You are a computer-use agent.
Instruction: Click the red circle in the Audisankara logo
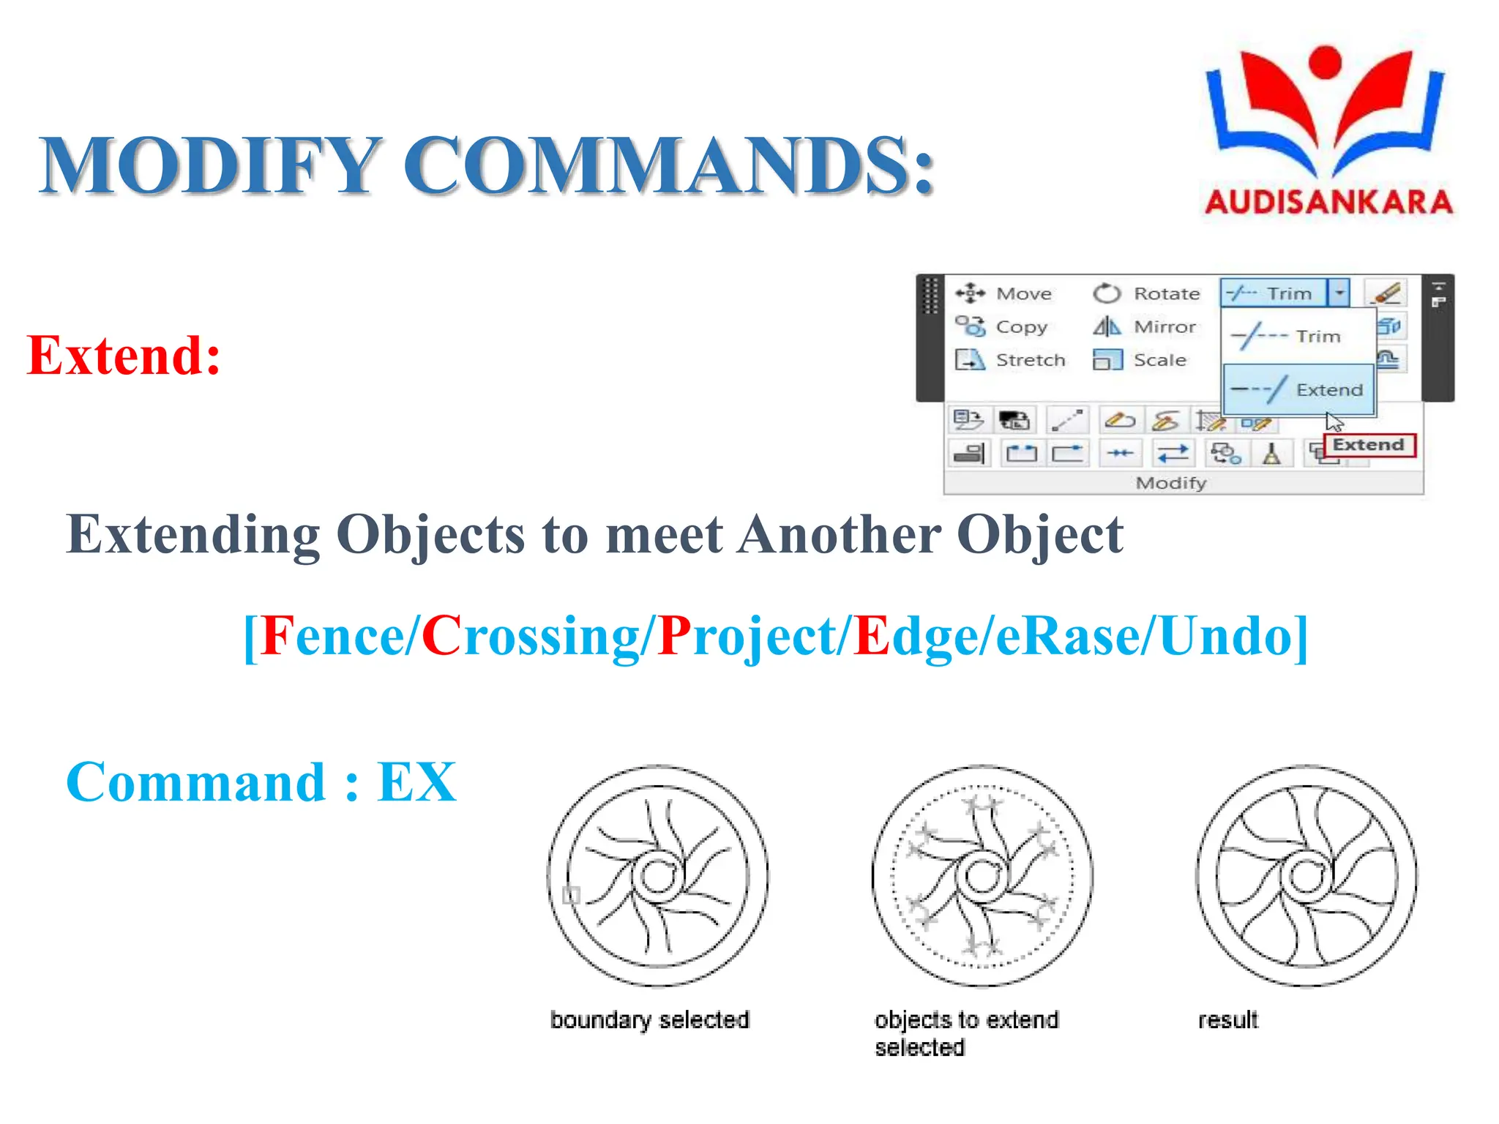click(x=1325, y=61)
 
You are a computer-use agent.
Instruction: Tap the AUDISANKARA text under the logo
click(x=1328, y=202)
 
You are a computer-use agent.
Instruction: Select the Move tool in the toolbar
click(x=1004, y=293)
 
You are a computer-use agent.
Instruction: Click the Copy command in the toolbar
click(x=1003, y=326)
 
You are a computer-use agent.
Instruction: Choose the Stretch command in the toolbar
click(x=1011, y=360)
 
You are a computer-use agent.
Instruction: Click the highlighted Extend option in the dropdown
click(x=1299, y=389)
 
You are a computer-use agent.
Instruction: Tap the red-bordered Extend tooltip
click(x=1369, y=445)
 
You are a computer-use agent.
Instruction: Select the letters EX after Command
click(x=416, y=782)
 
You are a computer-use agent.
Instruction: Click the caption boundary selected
click(x=650, y=1019)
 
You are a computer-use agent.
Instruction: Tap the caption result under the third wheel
click(x=1227, y=1019)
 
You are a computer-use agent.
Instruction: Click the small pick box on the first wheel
click(x=571, y=895)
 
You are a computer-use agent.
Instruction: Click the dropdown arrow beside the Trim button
click(x=1339, y=293)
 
